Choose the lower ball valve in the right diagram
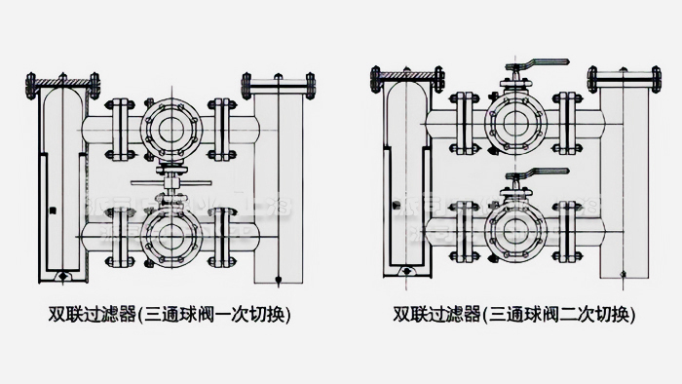coord(516,231)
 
